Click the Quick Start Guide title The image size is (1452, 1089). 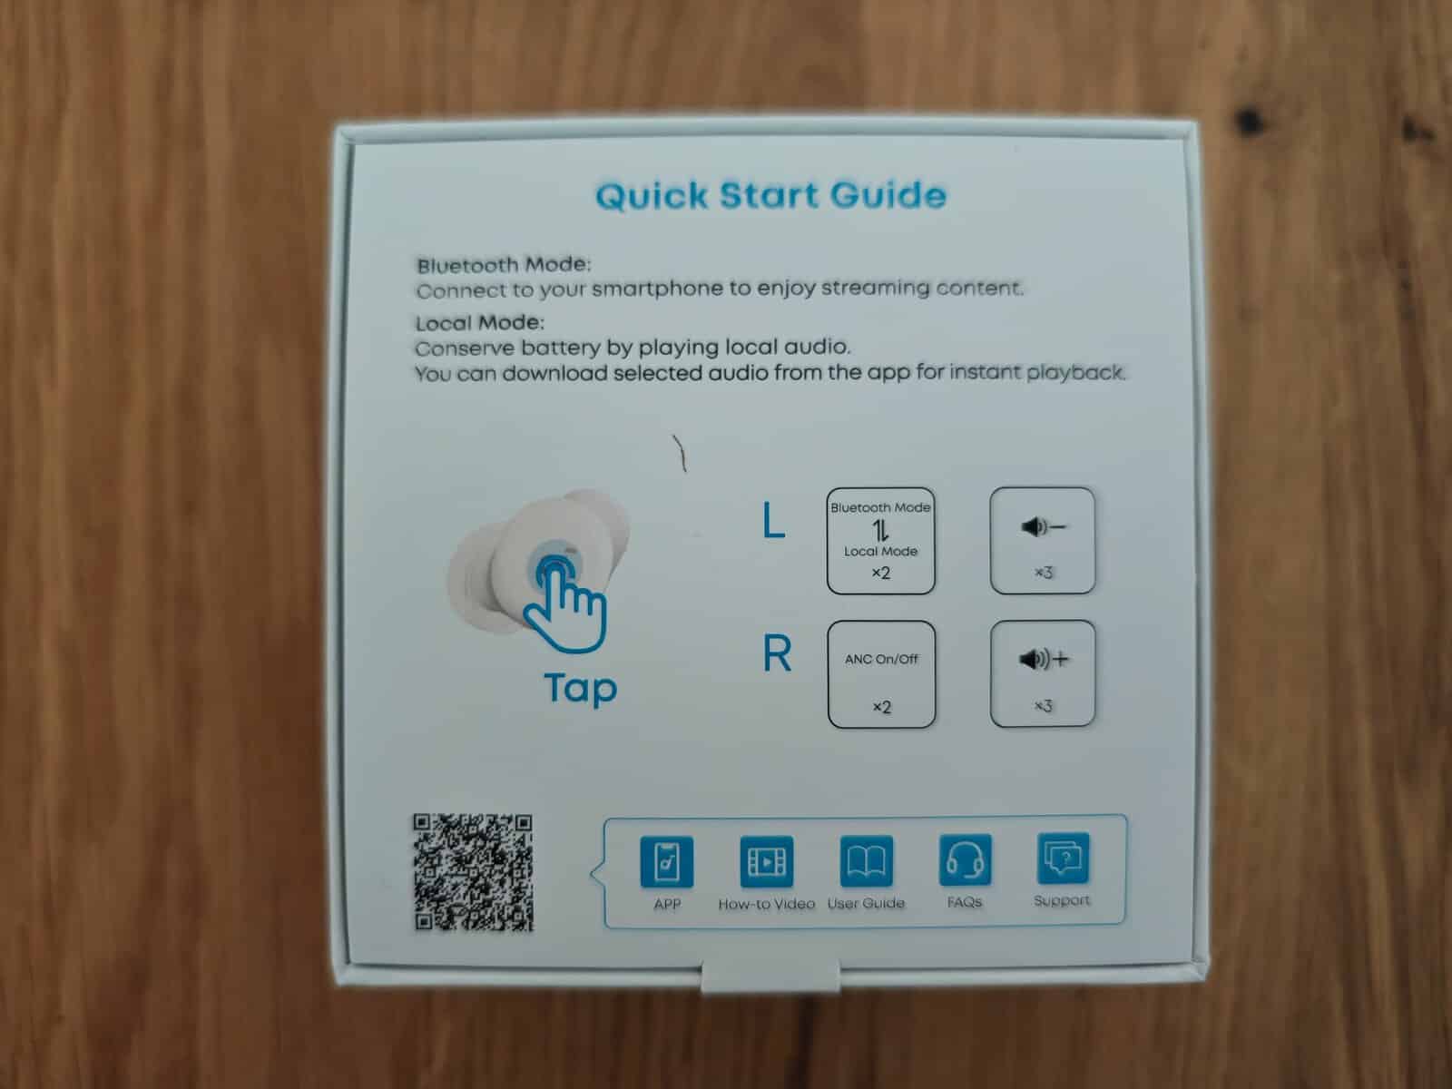(x=770, y=196)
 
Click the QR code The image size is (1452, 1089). (x=473, y=872)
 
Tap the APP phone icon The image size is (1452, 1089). (x=667, y=861)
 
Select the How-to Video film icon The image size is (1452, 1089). (x=766, y=861)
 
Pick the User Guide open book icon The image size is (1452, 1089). (x=866, y=860)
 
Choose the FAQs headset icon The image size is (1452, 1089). (x=965, y=859)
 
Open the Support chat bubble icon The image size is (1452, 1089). (x=1063, y=858)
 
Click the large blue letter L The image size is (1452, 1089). (x=774, y=520)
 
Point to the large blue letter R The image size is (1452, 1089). (x=777, y=653)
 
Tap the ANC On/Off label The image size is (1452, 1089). (x=881, y=659)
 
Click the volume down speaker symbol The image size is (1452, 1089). (x=1044, y=527)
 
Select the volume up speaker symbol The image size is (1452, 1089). (x=1044, y=659)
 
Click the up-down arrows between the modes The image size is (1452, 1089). (x=879, y=530)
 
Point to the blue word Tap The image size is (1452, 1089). (x=581, y=689)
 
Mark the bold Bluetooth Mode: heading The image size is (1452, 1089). (x=504, y=265)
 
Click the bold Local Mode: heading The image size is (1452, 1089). (x=479, y=323)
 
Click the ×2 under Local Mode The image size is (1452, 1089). (x=880, y=574)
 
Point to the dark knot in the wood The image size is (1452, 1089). (x=1250, y=121)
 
